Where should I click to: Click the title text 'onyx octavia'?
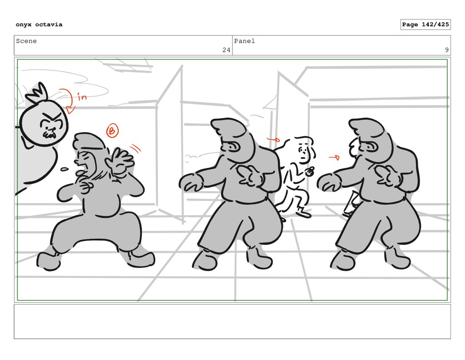39,25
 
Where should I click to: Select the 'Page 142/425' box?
425,25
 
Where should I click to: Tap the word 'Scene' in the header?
26,41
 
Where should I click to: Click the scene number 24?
226,50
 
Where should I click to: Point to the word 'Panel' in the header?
244,41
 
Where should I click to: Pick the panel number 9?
447,50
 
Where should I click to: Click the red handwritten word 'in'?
82,96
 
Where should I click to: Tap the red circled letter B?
113,130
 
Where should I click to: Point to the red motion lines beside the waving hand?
135,148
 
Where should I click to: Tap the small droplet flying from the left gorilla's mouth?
64,170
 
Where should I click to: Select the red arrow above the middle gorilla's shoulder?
273,139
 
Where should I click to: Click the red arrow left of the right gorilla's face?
334,157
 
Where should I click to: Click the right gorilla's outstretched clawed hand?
330,182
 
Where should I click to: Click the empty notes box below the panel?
232,321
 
